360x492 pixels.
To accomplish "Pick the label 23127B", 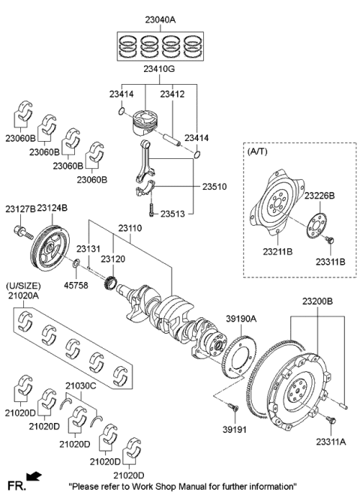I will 19,208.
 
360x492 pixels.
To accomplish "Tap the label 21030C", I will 80,386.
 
